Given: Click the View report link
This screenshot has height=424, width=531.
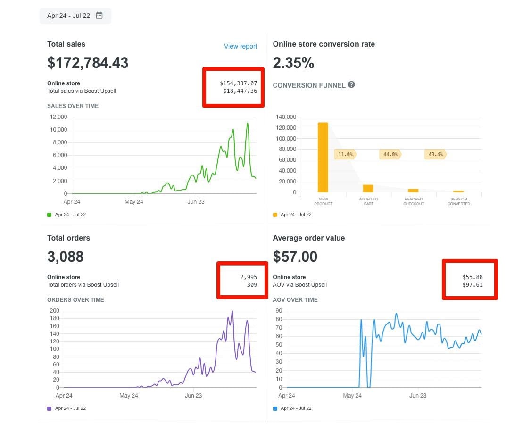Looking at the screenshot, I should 241,46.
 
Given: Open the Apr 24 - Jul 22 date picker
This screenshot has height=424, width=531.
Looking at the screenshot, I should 75,16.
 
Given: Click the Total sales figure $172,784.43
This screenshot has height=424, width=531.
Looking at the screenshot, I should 88,63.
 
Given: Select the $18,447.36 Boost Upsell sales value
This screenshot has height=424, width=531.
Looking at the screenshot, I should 240,91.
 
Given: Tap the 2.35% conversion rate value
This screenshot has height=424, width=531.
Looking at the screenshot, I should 293,63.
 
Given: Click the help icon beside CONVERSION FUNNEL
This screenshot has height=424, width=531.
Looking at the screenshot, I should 351,85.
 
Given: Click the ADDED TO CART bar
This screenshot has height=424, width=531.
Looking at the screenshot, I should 368,188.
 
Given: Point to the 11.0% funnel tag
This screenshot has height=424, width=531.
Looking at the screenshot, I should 345,154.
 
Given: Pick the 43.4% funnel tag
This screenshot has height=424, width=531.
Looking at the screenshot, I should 435,154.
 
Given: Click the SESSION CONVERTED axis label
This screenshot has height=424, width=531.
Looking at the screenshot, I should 458,201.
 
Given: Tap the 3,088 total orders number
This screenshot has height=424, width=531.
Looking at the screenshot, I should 66,257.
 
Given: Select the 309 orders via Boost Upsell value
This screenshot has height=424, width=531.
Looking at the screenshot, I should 251,285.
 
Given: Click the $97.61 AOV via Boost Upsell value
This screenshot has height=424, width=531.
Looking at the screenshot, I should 473,285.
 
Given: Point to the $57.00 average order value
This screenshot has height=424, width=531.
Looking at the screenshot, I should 295,257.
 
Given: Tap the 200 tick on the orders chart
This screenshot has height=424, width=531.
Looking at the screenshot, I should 55,311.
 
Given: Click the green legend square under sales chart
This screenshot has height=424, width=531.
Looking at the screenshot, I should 50,215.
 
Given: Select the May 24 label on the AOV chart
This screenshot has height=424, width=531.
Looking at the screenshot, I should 352,396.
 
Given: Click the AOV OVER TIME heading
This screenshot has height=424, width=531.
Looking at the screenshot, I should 295,300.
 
